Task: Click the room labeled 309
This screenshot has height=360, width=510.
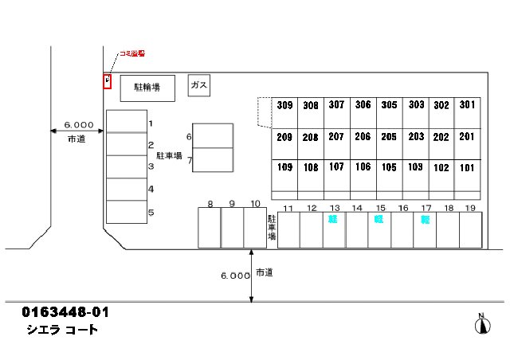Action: (284, 104)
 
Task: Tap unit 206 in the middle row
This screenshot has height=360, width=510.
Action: (363, 136)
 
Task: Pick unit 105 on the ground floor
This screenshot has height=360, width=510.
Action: (389, 167)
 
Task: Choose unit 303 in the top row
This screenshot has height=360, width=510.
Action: (415, 104)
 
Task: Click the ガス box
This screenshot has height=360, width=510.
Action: (199, 85)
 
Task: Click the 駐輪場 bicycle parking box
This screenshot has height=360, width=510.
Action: (147, 88)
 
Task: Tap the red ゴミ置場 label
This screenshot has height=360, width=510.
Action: (132, 54)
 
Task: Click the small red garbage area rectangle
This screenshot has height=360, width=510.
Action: (107, 80)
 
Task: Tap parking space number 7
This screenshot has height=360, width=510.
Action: (190, 158)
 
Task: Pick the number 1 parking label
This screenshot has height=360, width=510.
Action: (151, 123)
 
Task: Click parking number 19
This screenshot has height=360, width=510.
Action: (470, 208)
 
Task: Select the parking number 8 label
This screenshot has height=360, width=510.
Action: (210, 204)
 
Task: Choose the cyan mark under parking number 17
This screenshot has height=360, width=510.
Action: (426, 219)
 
